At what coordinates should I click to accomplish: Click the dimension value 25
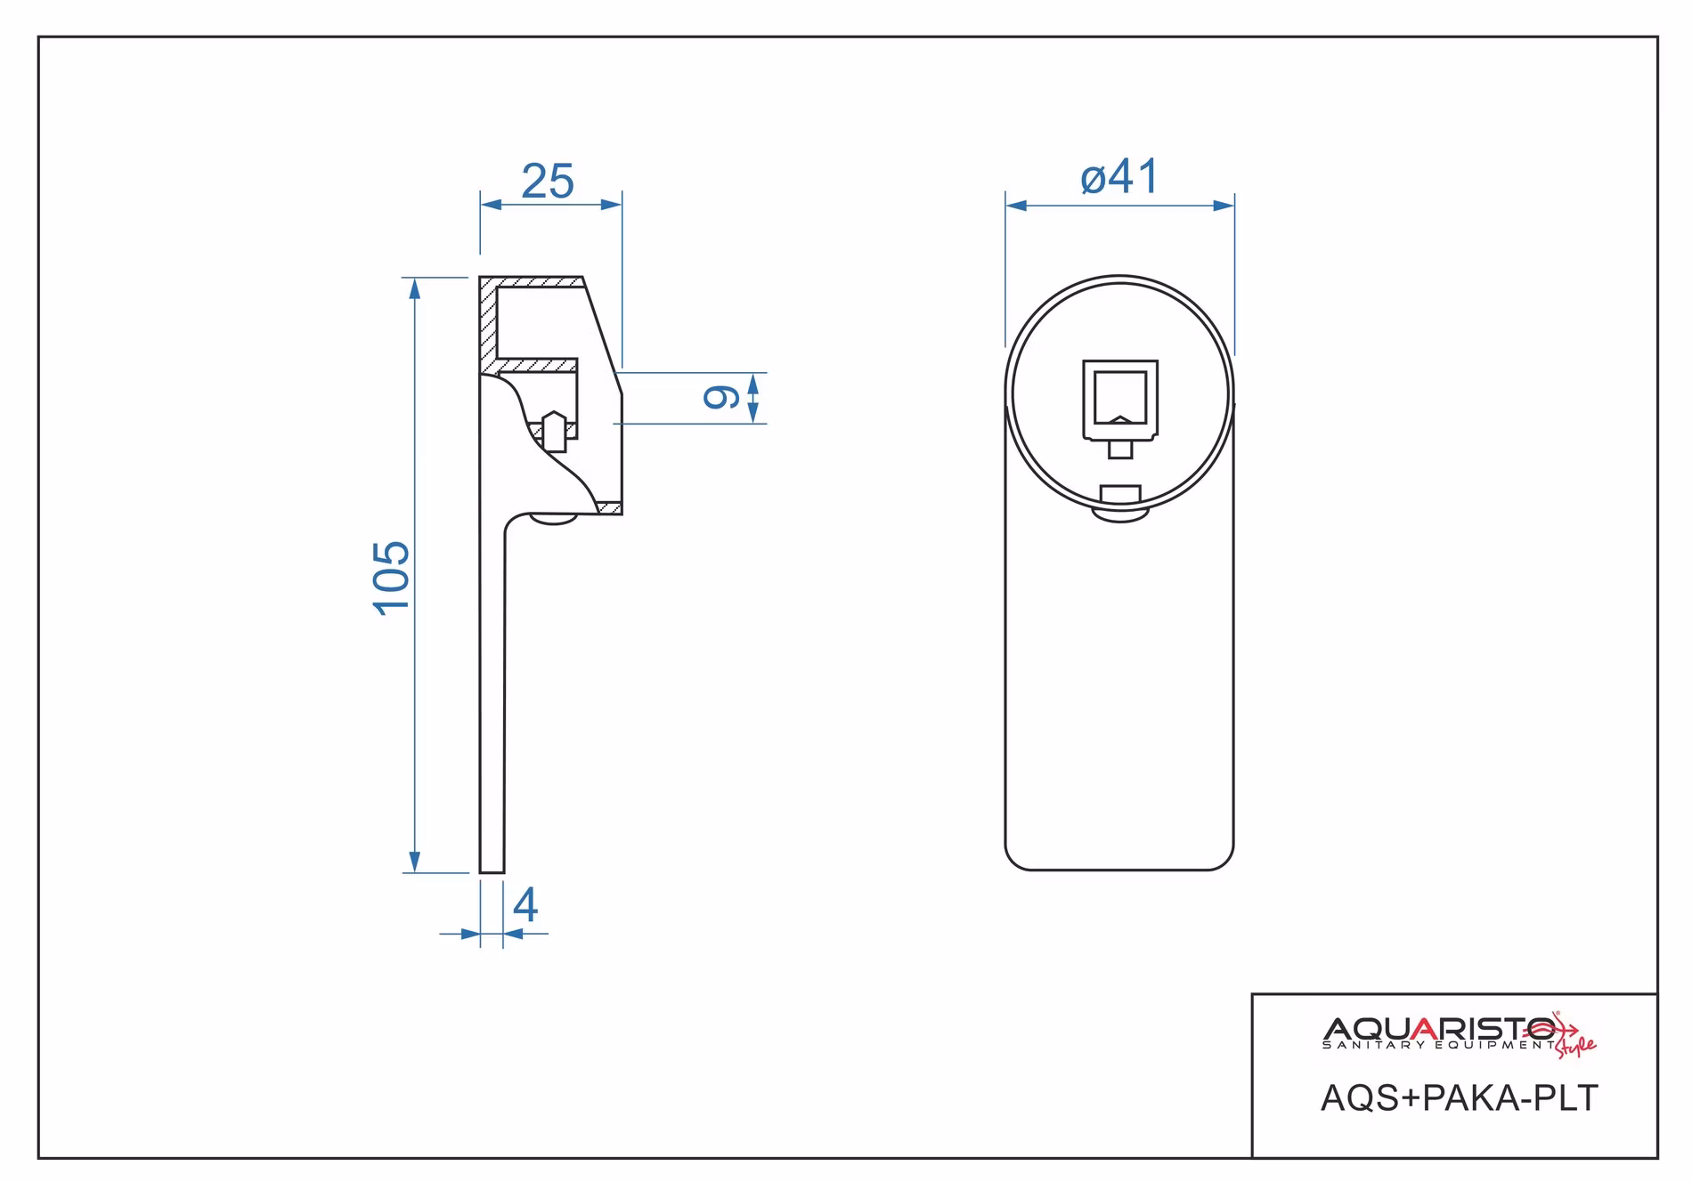[x=548, y=182]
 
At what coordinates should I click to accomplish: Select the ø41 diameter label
[x=1119, y=176]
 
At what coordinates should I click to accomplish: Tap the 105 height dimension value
[x=392, y=578]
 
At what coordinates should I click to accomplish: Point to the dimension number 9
[x=721, y=397]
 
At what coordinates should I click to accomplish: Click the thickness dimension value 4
[x=525, y=905]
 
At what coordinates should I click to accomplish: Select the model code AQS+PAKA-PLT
[x=1460, y=1098]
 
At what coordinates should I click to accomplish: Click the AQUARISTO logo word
[x=1441, y=1029]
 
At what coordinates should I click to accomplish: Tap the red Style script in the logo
[x=1575, y=1046]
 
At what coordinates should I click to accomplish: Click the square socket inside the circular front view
[x=1120, y=400]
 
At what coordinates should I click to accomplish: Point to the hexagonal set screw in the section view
[x=554, y=432]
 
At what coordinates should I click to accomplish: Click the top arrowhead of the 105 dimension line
[x=414, y=288]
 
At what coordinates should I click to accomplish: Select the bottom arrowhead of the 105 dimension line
[x=414, y=862]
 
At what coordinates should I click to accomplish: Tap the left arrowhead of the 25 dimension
[x=492, y=205]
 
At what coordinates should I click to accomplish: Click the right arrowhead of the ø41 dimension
[x=1224, y=206]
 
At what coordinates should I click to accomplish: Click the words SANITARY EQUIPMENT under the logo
[x=1438, y=1045]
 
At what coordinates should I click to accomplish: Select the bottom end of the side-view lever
[x=492, y=872]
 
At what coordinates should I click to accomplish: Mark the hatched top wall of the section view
[x=533, y=282]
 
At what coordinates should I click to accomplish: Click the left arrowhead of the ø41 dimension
[x=1017, y=206]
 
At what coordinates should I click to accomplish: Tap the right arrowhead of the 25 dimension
[x=611, y=205]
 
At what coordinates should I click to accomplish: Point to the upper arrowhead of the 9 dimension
[x=753, y=384]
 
